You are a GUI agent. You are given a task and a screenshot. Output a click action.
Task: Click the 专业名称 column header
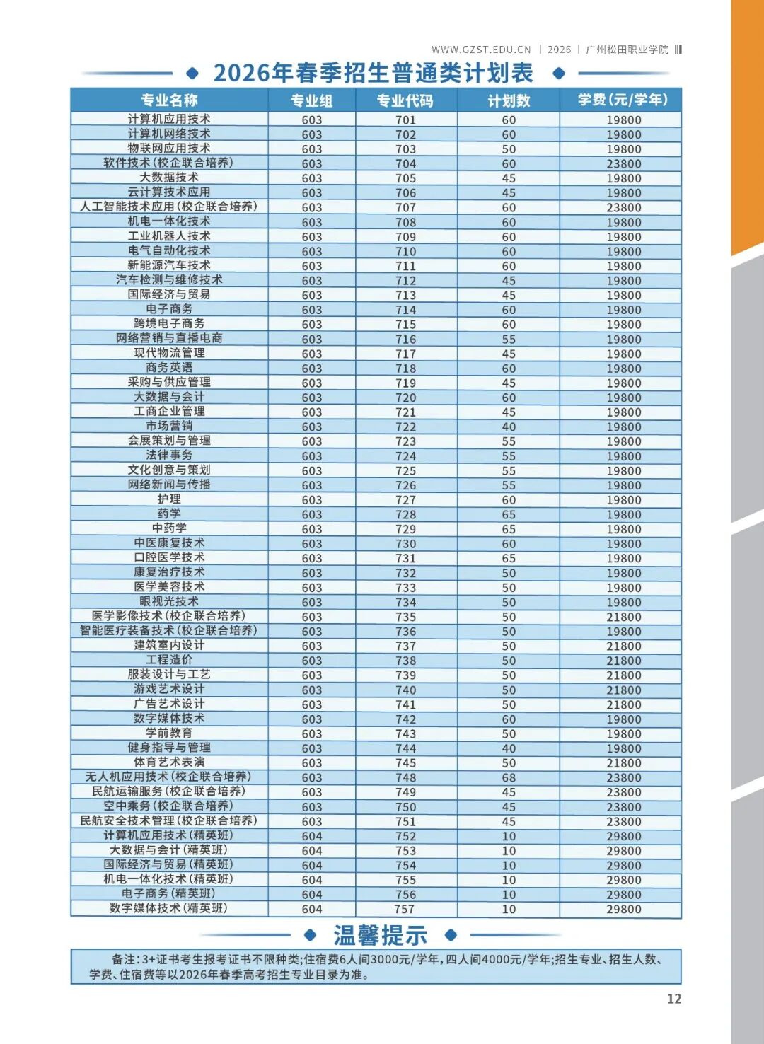169,100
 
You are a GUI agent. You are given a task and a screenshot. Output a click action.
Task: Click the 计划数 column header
509,100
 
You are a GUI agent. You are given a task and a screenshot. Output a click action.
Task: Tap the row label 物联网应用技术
169,149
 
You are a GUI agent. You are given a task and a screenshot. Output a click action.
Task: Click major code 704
405,163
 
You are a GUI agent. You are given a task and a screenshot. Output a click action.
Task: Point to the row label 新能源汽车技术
169,265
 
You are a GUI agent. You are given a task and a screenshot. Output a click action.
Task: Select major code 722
405,427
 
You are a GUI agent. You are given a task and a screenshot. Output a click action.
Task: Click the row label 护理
169,499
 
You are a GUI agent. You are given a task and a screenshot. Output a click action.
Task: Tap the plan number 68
509,777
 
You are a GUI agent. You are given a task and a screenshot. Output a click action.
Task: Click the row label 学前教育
169,733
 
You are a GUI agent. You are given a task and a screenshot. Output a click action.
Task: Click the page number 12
673,999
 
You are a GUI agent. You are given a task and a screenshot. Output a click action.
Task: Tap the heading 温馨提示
380,935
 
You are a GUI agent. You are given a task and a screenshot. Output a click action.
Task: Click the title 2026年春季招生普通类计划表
374,73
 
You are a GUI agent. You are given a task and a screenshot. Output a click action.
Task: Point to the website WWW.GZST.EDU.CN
481,50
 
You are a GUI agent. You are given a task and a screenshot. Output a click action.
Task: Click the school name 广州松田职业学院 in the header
627,50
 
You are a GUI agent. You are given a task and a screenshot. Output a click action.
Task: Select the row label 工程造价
169,660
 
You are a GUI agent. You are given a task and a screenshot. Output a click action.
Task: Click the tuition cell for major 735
623,617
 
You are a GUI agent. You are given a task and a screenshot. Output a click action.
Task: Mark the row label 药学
169,514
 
